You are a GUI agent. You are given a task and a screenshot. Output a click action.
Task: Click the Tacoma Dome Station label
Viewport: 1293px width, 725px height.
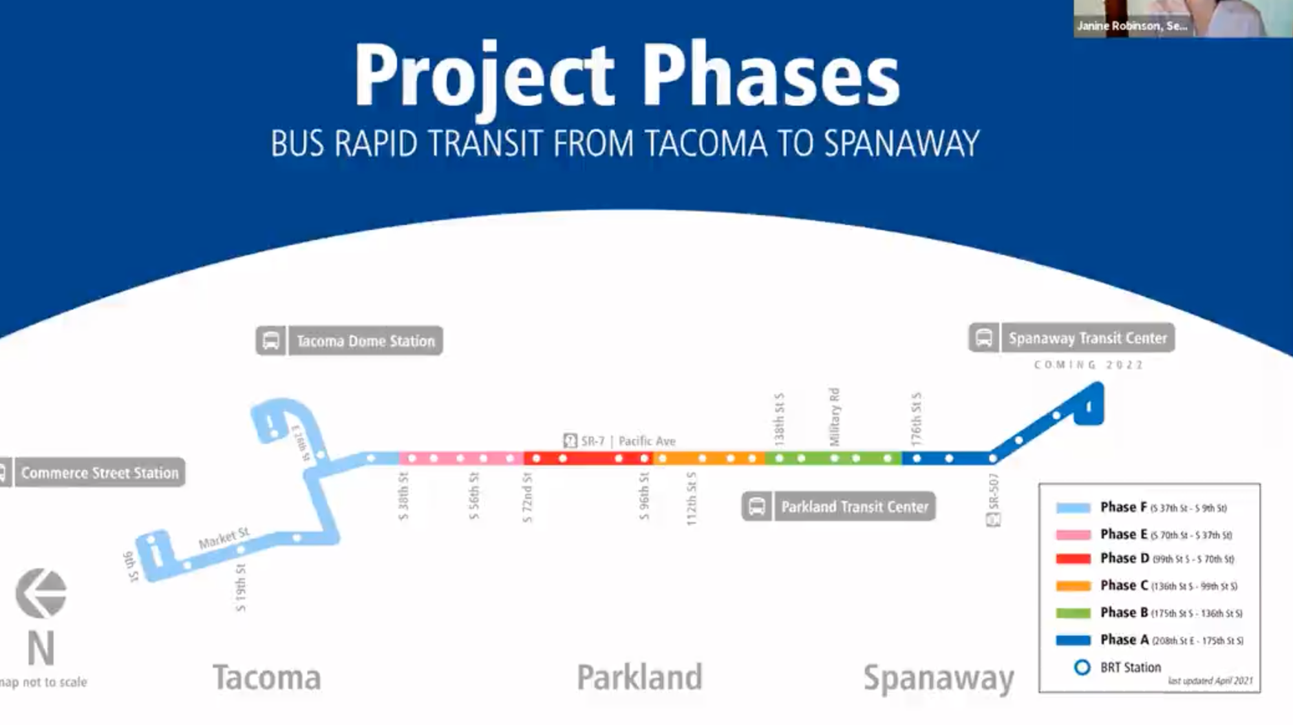point(365,341)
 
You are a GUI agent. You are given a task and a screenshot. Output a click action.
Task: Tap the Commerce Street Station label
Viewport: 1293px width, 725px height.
point(100,472)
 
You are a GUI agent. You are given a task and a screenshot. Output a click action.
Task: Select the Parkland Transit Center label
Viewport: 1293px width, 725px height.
point(854,507)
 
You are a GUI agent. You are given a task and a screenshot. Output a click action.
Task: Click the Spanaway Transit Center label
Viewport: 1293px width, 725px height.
point(1087,338)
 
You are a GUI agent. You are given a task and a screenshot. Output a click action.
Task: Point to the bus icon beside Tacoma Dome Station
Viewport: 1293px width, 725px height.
point(271,341)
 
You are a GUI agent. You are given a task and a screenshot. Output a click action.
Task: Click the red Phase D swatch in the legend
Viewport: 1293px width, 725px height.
point(1073,558)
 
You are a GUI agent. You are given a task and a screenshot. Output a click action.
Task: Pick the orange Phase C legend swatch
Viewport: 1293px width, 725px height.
point(1073,586)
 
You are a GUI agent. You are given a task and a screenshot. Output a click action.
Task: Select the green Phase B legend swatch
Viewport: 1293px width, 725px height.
point(1073,613)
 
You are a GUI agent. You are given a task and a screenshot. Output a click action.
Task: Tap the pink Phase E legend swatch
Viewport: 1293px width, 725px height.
point(1073,534)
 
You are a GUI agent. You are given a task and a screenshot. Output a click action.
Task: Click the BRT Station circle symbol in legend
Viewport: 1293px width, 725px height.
point(1082,667)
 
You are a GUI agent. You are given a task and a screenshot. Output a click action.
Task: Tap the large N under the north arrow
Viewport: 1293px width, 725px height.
point(41,648)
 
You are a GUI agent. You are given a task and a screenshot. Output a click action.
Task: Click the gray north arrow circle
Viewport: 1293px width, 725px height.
point(41,593)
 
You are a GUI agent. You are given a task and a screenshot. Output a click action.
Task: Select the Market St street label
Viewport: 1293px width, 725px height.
point(224,538)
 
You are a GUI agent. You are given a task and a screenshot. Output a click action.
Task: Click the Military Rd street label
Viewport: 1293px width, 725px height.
point(834,417)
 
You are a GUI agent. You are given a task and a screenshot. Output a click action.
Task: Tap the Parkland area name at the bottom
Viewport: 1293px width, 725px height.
point(639,677)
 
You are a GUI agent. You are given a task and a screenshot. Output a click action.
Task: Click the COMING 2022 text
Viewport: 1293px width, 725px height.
point(1088,365)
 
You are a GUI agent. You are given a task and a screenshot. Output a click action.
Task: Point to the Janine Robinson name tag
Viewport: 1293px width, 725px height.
point(1131,26)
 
